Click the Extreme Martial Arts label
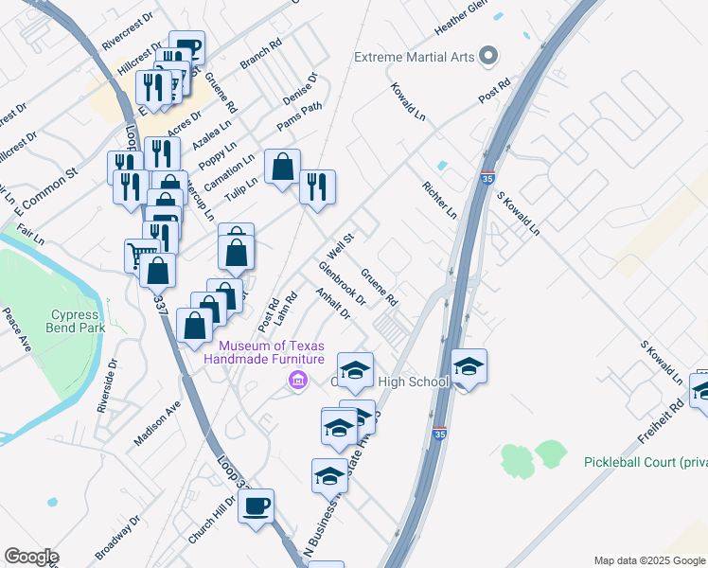[414, 57]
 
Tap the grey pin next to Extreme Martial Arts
[488, 56]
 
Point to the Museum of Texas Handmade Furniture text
[274, 351]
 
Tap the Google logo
[31, 557]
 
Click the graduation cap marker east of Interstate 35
[469, 366]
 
